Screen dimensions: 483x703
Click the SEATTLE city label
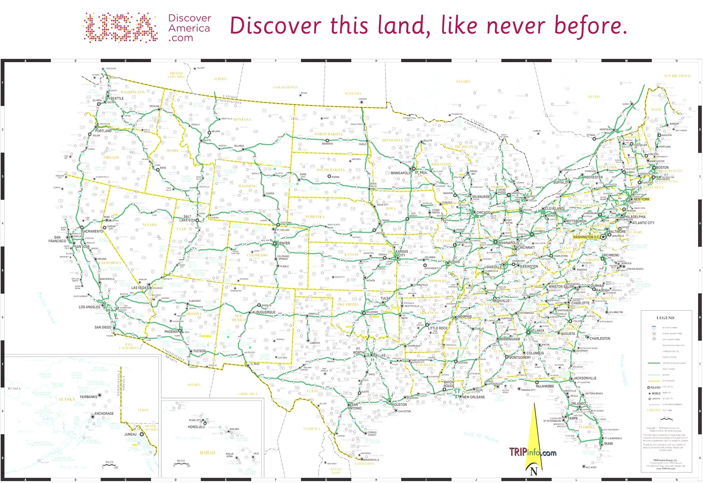coord(117,98)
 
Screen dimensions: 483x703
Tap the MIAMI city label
coord(609,444)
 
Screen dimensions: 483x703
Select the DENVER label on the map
coord(284,243)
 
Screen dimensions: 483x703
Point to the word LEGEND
coord(665,318)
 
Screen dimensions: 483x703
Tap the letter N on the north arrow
coord(534,471)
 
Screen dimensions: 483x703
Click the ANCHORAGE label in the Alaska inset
coord(104,414)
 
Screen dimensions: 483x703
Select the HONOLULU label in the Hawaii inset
coord(196,427)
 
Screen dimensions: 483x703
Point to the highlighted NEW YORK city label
coord(641,199)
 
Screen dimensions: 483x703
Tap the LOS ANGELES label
coord(89,307)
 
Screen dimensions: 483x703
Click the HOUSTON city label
coord(399,405)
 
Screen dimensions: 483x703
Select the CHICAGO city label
coord(483,213)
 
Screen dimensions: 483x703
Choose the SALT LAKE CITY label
coord(187,218)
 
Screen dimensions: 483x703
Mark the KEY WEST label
coord(591,467)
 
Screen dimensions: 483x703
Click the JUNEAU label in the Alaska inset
coord(130,434)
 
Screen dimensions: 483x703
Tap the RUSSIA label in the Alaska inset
coord(14,388)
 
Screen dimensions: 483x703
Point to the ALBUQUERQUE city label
coord(264,312)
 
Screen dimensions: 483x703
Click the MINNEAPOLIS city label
coord(401,173)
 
